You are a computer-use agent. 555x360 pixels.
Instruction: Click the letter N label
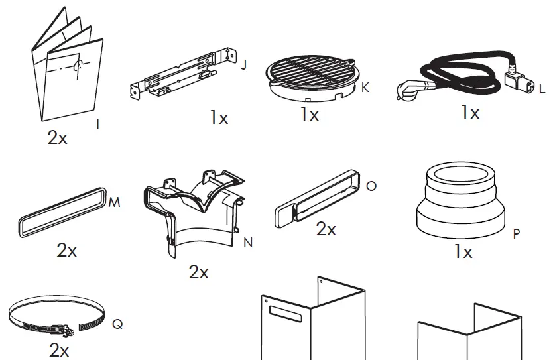click(x=248, y=243)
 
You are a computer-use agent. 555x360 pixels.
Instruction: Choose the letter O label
click(x=371, y=186)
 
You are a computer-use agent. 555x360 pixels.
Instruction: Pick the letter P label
click(x=517, y=233)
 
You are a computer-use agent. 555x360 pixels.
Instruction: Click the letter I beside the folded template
click(x=98, y=124)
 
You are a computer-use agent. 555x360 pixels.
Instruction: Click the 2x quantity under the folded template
click(x=58, y=137)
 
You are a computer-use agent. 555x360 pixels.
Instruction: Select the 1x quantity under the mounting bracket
click(x=219, y=118)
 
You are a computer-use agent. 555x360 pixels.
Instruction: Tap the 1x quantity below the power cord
click(x=470, y=113)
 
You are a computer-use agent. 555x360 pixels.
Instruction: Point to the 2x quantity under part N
click(x=198, y=272)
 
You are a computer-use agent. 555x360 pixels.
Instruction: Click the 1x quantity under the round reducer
click(x=463, y=252)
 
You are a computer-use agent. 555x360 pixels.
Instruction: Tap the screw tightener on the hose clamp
click(x=65, y=328)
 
